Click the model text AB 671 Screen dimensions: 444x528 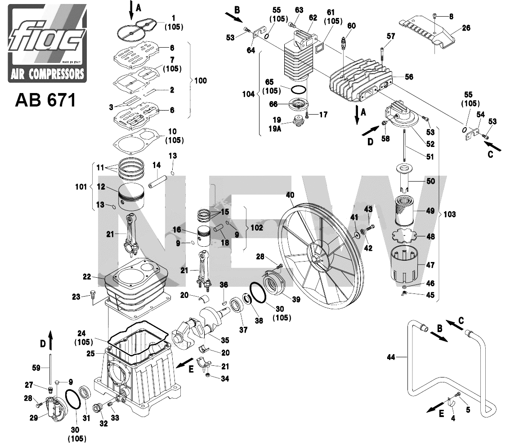(x=45, y=100)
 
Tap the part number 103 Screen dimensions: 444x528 (x=449, y=214)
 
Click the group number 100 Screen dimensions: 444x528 (x=200, y=81)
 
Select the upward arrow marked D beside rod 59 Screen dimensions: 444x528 (x=50, y=337)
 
